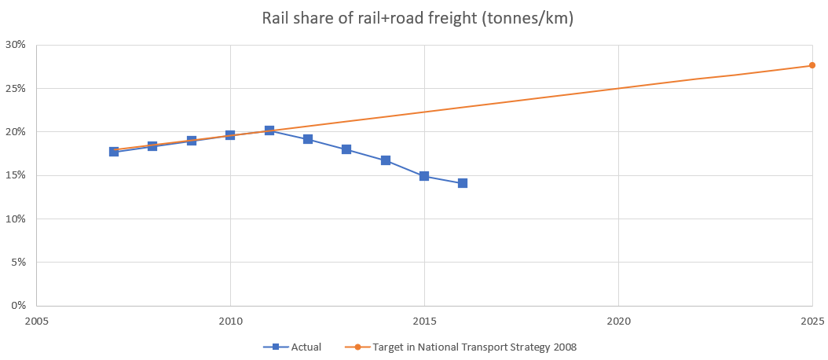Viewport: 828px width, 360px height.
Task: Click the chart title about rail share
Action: (x=417, y=18)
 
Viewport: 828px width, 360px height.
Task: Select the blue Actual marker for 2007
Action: (x=114, y=151)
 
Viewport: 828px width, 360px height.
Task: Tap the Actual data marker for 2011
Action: (x=269, y=130)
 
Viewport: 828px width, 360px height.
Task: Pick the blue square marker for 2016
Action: (x=463, y=183)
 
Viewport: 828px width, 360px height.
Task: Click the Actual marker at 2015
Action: (x=424, y=176)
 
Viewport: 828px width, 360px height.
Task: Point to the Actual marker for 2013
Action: (x=346, y=149)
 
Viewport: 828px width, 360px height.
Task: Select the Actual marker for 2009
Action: (x=192, y=141)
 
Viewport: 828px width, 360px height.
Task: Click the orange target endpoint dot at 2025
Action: (x=812, y=65)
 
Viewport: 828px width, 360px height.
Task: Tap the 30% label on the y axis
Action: (x=16, y=45)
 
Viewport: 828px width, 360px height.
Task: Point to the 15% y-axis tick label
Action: (x=16, y=175)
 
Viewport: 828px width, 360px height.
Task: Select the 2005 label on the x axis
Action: (x=36, y=321)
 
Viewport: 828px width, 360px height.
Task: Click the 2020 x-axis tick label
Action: (x=618, y=321)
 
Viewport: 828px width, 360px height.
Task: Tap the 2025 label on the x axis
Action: (x=812, y=321)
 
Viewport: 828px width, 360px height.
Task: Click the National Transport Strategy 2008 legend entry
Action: (x=479, y=346)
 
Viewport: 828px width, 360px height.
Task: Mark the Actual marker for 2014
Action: (x=386, y=160)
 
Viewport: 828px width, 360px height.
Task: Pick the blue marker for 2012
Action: (x=308, y=139)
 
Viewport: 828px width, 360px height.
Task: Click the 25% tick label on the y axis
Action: (x=16, y=88)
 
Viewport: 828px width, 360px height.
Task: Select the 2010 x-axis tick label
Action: (x=230, y=321)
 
